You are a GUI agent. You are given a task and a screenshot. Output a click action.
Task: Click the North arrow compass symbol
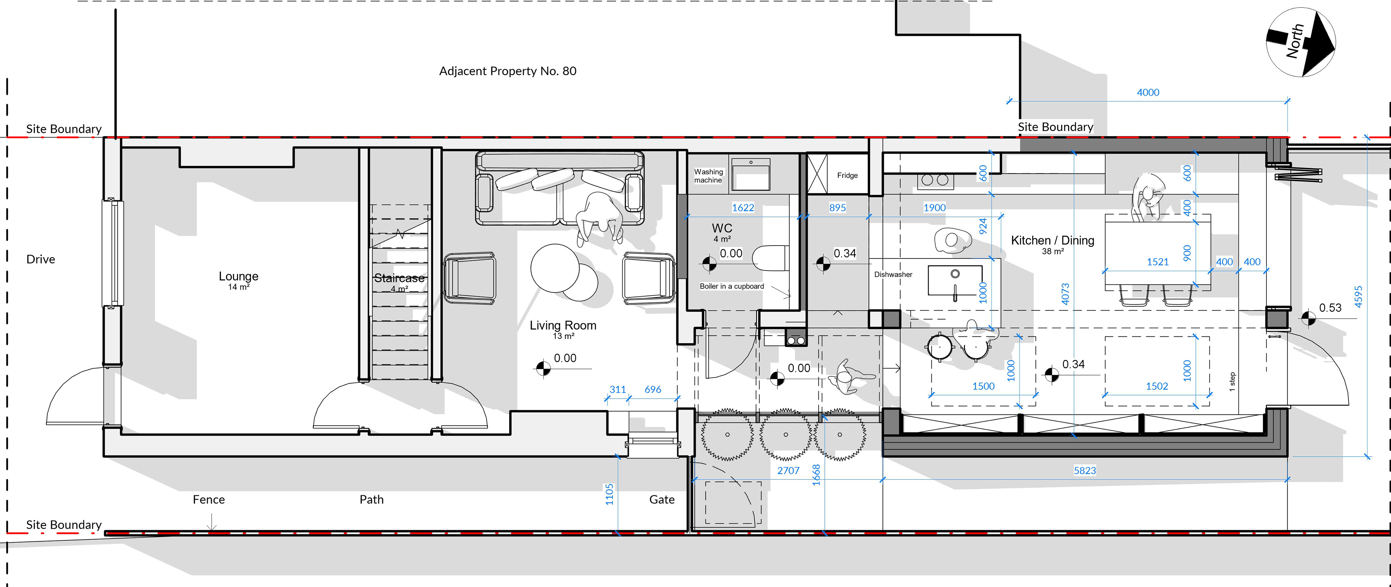click(x=1300, y=42)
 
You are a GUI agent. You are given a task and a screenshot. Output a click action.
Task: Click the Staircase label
click(x=399, y=278)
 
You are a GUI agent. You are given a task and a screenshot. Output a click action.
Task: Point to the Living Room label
click(x=563, y=325)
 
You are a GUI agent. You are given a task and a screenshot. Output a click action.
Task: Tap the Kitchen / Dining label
click(x=1052, y=240)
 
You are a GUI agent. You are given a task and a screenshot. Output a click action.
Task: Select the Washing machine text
click(x=708, y=176)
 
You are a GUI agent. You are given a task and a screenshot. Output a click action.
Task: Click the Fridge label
click(x=847, y=176)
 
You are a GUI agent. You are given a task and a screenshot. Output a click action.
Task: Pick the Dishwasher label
click(x=893, y=274)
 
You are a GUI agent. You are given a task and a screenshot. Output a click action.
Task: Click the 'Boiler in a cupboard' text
click(x=732, y=286)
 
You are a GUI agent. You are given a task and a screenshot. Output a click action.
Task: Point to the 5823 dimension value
click(x=1085, y=470)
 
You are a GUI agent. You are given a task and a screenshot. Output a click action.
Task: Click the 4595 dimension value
click(x=1359, y=297)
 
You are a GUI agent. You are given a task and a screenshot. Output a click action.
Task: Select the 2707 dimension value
click(x=788, y=470)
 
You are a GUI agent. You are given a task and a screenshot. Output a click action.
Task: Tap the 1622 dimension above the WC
click(x=743, y=207)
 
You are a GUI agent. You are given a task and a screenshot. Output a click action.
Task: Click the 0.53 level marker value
click(x=1330, y=308)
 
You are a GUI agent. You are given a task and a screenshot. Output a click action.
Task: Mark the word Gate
click(x=662, y=499)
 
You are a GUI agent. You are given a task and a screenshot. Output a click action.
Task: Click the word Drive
click(x=41, y=259)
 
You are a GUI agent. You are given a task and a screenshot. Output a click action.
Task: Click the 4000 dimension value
click(x=1148, y=92)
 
